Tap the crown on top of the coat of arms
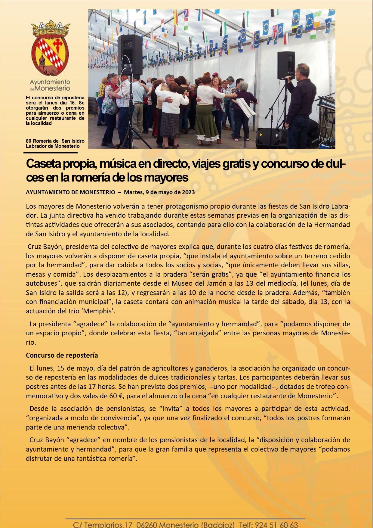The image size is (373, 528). [51, 29]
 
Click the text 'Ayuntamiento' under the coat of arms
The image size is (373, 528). [50, 82]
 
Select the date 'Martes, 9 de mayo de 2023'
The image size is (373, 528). [159, 192]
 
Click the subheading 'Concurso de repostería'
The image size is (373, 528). [62, 355]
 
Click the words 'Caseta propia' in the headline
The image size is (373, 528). [60, 164]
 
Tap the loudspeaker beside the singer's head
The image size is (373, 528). [286, 65]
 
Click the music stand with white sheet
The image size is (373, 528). [245, 107]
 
